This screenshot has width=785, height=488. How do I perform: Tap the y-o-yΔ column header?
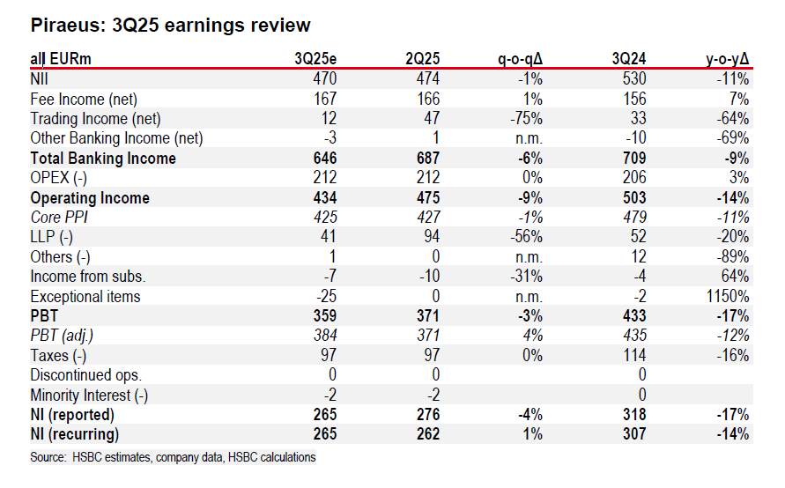pos(727,59)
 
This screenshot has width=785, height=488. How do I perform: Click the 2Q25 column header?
pos(422,59)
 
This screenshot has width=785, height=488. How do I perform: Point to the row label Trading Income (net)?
pos(95,118)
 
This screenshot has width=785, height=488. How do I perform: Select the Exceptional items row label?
pos(85,297)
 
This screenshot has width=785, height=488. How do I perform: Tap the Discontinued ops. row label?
pos(86,374)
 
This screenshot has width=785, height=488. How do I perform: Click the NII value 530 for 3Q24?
pos(633,79)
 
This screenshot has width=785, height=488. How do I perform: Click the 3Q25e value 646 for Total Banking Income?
pos(323,159)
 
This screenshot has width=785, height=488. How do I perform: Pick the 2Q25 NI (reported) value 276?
pos(426,415)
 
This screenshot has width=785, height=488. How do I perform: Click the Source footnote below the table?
pos(173,458)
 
